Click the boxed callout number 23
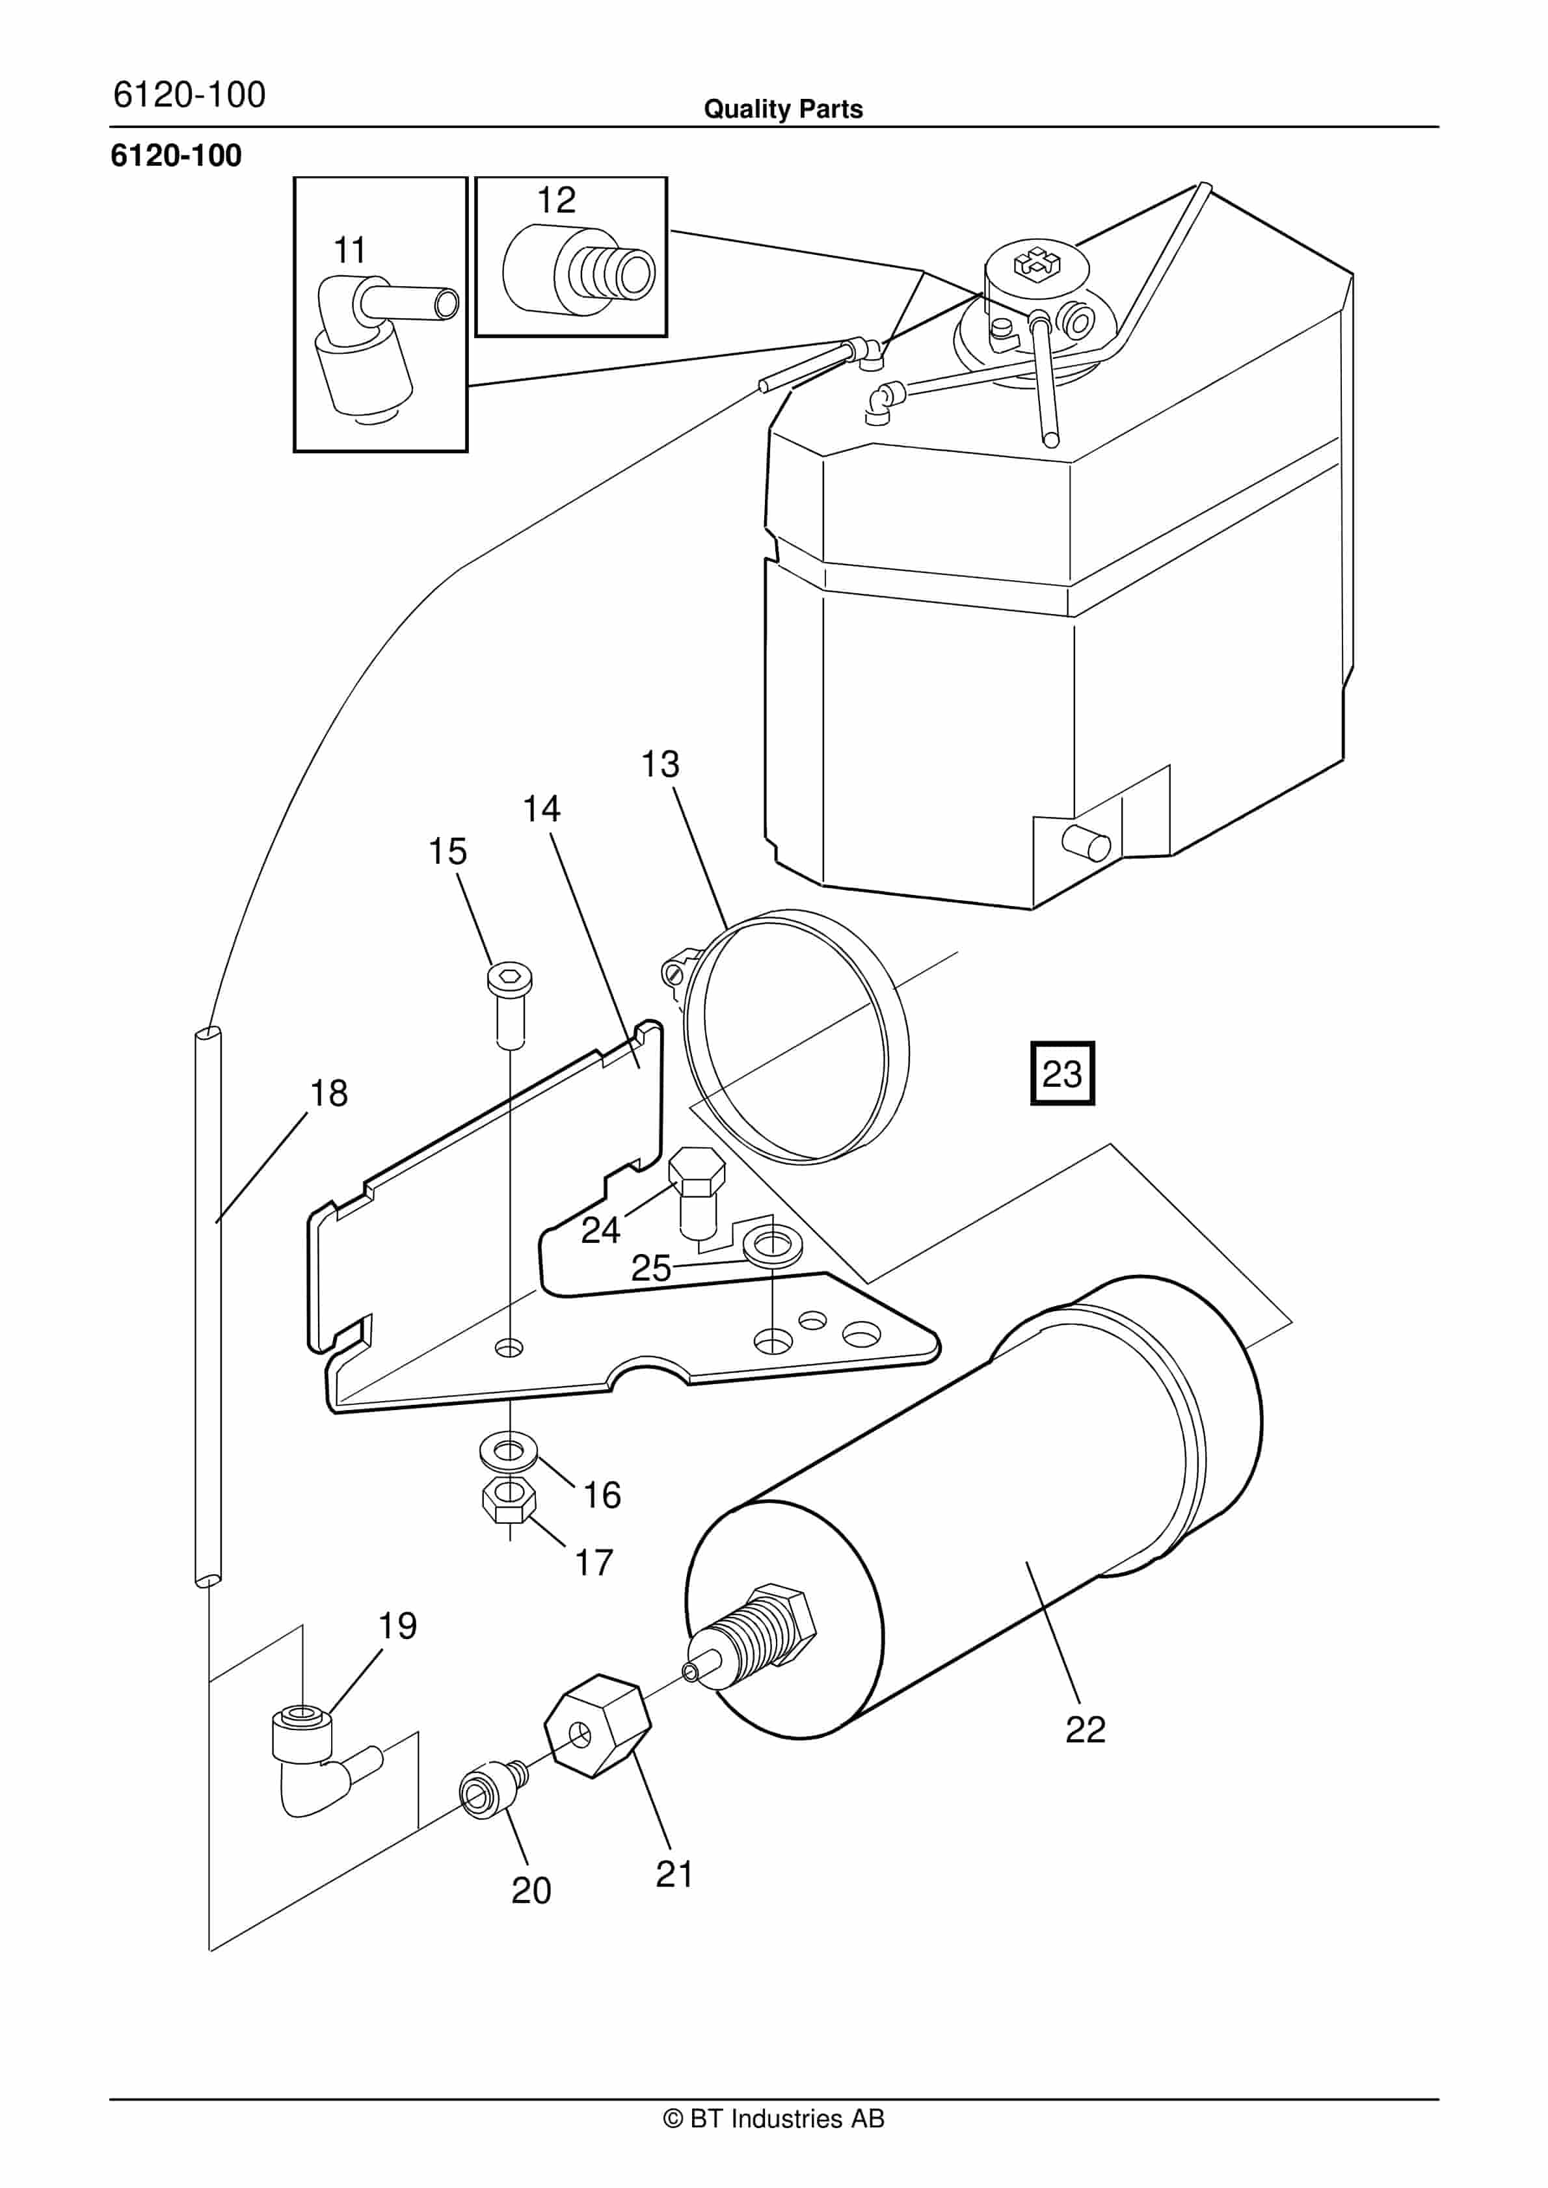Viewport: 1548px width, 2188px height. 1062,1074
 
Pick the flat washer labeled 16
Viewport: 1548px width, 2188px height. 509,1452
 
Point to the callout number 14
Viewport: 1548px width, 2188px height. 541,809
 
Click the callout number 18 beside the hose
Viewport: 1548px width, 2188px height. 329,1093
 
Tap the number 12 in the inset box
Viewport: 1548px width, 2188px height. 557,200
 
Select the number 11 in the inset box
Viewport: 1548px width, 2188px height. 350,250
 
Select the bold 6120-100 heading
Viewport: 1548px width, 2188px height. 176,155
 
